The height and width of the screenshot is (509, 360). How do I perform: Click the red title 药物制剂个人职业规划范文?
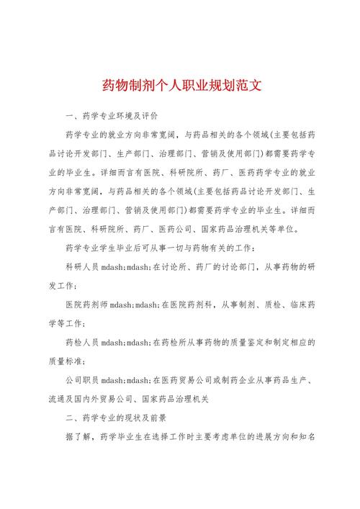coord(180,86)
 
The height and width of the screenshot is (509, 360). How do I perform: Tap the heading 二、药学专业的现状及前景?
coord(115,417)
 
